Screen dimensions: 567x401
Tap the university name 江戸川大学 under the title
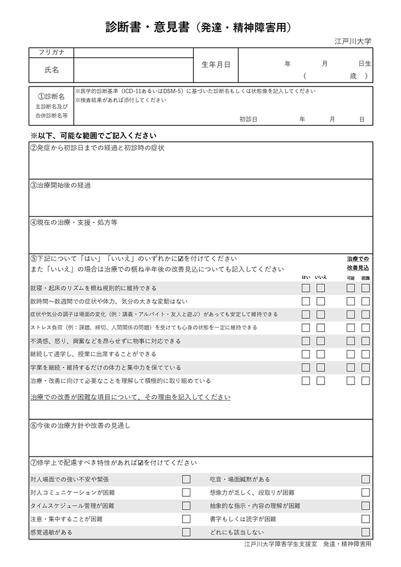tap(353, 42)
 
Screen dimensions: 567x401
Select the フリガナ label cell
tap(51, 52)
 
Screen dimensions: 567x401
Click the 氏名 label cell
tap(51, 70)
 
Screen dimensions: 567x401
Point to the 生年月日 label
tap(216, 65)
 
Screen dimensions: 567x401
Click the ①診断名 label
tap(51, 97)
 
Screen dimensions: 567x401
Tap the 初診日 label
tap(248, 119)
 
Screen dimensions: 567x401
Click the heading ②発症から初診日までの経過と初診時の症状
tap(97, 148)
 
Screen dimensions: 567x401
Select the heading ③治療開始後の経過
tap(60, 185)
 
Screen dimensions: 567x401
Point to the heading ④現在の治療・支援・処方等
tap(74, 222)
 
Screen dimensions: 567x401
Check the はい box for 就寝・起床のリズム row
tap(306, 288)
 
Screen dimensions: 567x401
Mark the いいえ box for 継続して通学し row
tap(321, 354)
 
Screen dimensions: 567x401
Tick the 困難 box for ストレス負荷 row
tap(366, 327)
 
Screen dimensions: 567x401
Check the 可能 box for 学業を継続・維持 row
tap(350, 368)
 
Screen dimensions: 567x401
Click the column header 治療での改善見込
tap(358, 263)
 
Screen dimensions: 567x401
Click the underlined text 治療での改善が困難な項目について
tap(130, 397)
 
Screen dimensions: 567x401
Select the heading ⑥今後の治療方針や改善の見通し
tap(80, 426)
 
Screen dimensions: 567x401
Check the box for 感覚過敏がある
tap(186, 532)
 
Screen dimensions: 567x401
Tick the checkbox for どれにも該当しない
tap(366, 532)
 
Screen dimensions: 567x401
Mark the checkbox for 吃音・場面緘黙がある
tap(366, 479)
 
